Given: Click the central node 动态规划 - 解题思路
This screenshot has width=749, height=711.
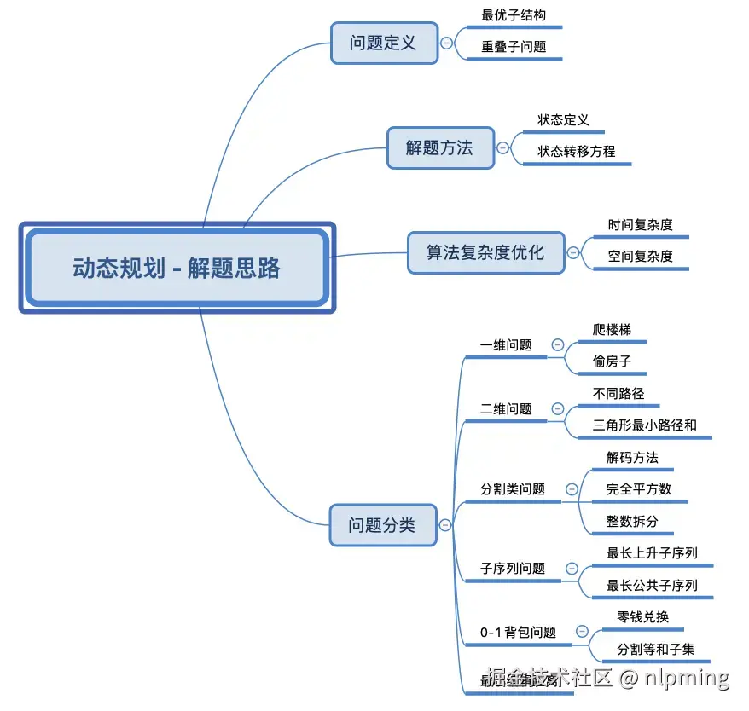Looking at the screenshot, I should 177,269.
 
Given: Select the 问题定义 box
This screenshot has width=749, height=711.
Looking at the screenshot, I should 383,43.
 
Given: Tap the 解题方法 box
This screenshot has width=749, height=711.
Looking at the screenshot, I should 439,147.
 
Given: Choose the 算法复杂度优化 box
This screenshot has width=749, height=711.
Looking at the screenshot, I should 485,252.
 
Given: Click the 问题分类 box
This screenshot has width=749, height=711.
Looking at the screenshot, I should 381,525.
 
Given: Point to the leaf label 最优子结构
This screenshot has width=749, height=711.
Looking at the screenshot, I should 514,15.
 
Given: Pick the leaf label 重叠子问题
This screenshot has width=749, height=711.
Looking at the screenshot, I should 514,47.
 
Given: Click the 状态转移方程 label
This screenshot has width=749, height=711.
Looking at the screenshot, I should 576,152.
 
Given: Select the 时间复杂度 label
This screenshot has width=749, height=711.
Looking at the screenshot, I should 641,225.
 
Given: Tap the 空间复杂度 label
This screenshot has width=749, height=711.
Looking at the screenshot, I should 641,256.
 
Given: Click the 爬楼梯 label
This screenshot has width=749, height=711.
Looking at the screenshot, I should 612,330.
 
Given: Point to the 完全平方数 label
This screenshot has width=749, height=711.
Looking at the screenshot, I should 639,489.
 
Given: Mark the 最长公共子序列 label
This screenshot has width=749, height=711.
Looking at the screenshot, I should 652,585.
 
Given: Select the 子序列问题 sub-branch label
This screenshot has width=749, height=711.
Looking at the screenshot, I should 513,569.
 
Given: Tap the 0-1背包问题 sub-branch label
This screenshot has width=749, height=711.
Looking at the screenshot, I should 518,633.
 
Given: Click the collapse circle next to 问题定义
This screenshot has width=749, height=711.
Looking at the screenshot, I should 446,43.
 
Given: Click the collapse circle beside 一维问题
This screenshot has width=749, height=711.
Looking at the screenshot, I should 558,345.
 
